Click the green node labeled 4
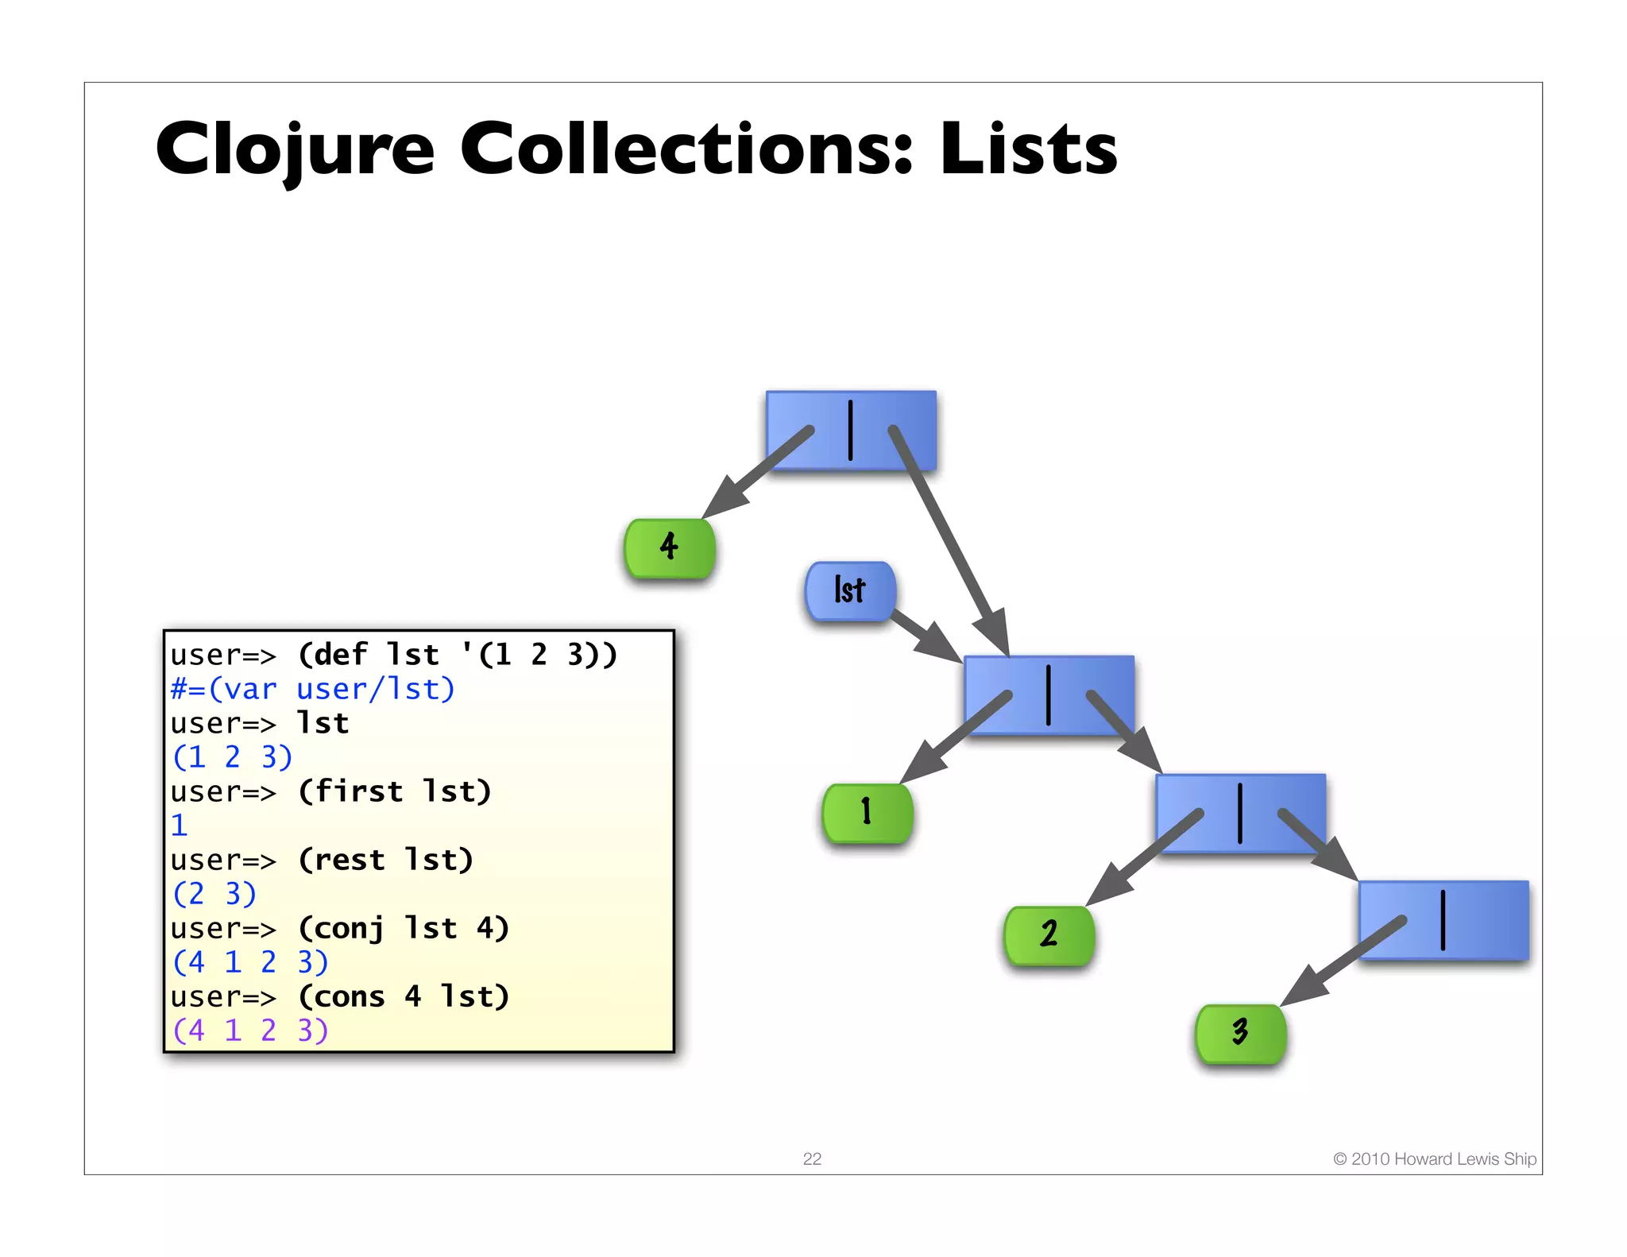tap(670, 547)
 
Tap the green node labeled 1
tap(868, 813)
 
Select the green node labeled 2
tap(1049, 935)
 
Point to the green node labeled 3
tap(1240, 1033)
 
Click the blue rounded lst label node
tap(850, 590)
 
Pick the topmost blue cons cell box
tap(851, 430)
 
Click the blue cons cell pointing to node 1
tap(1049, 695)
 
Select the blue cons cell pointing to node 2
tap(1240, 813)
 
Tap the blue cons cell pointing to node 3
tap(1443, 920)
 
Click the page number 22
tap(812, 1158)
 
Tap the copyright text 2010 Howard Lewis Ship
tap(1435, 1158)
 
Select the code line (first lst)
tap(394, 791)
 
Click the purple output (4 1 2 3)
tap(250, 1031)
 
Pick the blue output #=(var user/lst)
tap(313, 689)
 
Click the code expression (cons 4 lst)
tap(404, 996)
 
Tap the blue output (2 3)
tap(214, 894)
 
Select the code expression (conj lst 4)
tap(404, 928)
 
